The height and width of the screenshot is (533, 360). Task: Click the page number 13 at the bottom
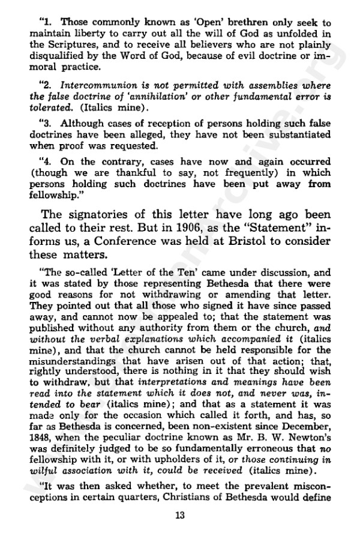[180, 514]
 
